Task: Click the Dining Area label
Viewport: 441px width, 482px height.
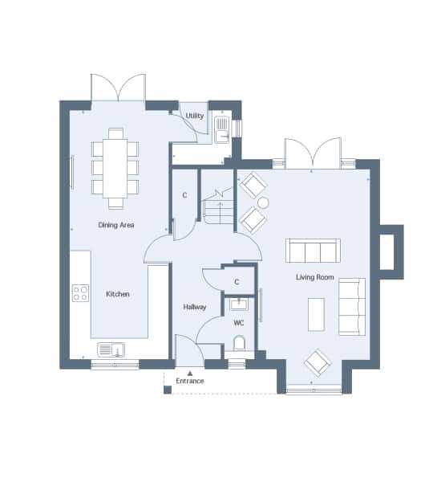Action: (x=116, y=225)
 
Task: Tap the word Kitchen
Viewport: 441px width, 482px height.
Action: (x=118, y=294)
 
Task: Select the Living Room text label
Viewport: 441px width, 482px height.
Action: (x=315, y=277)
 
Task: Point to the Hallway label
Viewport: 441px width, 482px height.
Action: (x=195, y=307)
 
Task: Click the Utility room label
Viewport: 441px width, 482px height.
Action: (x=195, y=116)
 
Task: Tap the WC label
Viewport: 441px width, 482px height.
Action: (x=239, y=323)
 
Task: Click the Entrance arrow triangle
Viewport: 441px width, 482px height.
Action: (x=190, y=374)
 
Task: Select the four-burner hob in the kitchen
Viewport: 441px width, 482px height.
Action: (x=81, y=293)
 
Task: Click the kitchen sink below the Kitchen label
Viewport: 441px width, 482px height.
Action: (x=111, y=349)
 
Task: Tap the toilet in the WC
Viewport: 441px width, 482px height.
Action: (x=239, y=343)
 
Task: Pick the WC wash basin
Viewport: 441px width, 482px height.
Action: (x=239, y=304)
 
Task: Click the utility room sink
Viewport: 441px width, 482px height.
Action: (x=222, y=129)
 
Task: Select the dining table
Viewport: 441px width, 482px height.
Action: (x=115, y=169)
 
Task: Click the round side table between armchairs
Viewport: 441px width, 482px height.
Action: (x=263, y=203)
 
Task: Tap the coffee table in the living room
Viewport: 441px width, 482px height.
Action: (x=316, y=314)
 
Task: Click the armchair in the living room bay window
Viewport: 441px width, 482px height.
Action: (x=318, y=363)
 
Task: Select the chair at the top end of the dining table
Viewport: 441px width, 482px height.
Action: (x=115, y=133)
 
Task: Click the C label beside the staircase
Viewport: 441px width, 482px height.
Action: (x=184, y=195)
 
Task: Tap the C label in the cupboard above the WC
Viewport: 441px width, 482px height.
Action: (x=237, y=282)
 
